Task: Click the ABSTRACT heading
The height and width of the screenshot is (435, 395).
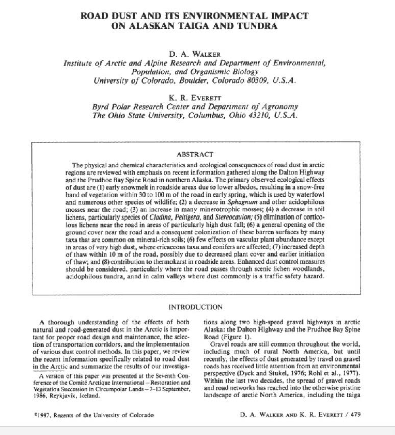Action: click(x=195, y=154)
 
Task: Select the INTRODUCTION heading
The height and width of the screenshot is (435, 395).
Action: click(x=195, y=307)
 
